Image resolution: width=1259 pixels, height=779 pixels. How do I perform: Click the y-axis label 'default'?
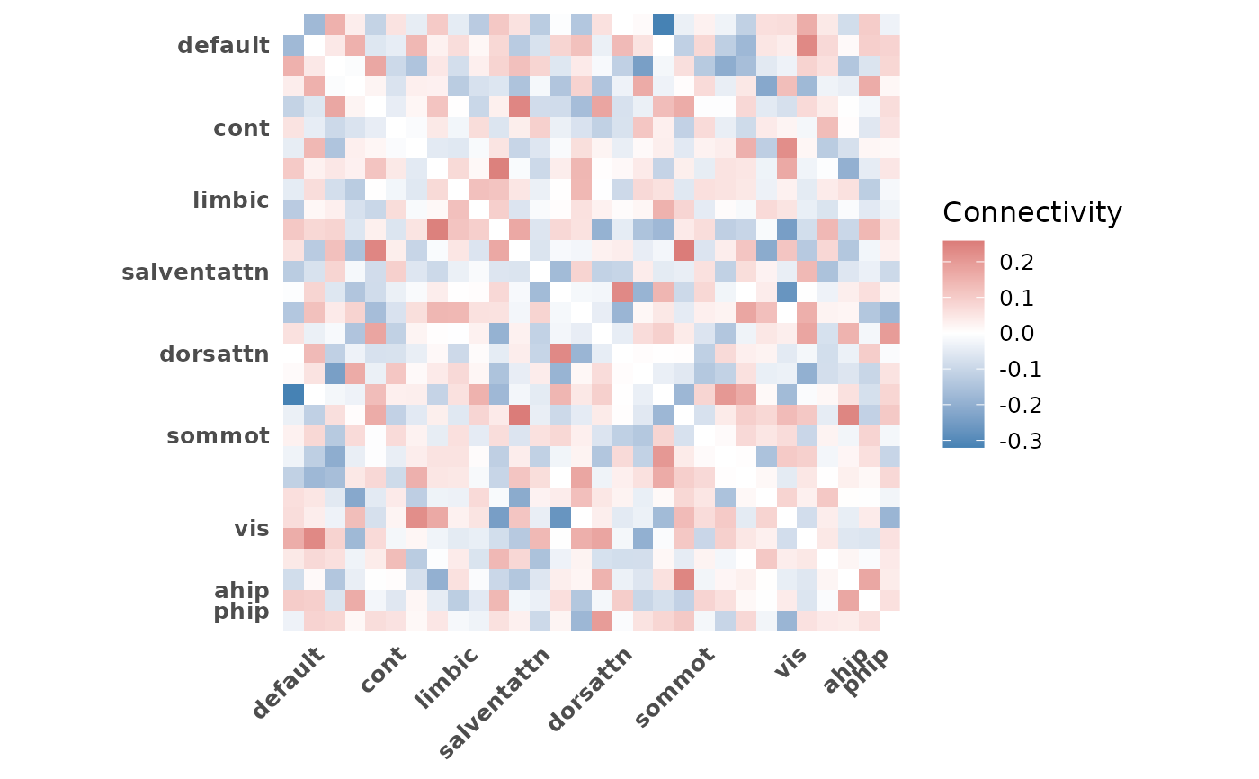(223, 45)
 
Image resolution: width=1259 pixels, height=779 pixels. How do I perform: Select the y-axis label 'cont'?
(241, 128)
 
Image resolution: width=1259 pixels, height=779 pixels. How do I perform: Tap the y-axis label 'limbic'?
(230, 200)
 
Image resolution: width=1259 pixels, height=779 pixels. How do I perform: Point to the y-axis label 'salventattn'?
(195, 272)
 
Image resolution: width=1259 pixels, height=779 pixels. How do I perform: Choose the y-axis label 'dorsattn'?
(214, 354)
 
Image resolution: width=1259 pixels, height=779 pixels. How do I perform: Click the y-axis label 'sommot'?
(218, 436)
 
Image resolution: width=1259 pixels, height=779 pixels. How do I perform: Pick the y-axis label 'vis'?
(251, 528)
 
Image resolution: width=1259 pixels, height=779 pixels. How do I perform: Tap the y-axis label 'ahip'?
(241, 590)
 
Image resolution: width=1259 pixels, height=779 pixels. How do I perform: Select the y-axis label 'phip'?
(241, 612)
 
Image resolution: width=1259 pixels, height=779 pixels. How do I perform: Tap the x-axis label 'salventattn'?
(496, 700)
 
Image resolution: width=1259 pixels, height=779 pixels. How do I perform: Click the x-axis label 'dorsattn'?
(590, 687)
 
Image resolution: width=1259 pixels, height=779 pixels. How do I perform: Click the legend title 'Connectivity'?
(1031, 212)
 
